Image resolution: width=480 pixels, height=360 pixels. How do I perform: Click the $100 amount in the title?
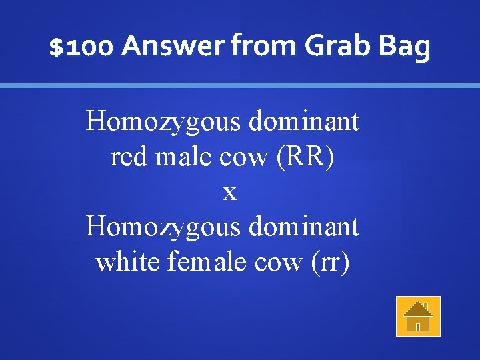click(x=83, y=47)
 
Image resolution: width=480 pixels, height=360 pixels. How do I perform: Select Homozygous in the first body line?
click(x=163, y=122)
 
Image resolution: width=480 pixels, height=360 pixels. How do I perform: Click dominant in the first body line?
click(x=303, y=122)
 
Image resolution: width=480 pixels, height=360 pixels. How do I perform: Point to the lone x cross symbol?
click(x=229, y=193)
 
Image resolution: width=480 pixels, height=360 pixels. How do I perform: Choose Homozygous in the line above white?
click(x=163, y=227)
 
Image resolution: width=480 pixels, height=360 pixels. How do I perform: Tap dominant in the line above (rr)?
click(x=303, y=227)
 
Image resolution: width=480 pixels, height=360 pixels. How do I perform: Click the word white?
click(x=127, y=262)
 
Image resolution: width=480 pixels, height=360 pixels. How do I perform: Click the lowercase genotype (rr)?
click(x=329, y=262)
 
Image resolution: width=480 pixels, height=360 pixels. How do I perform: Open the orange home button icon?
click(x=418, y=316)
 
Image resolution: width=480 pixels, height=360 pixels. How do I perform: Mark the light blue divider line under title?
click(x=240, y=85)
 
